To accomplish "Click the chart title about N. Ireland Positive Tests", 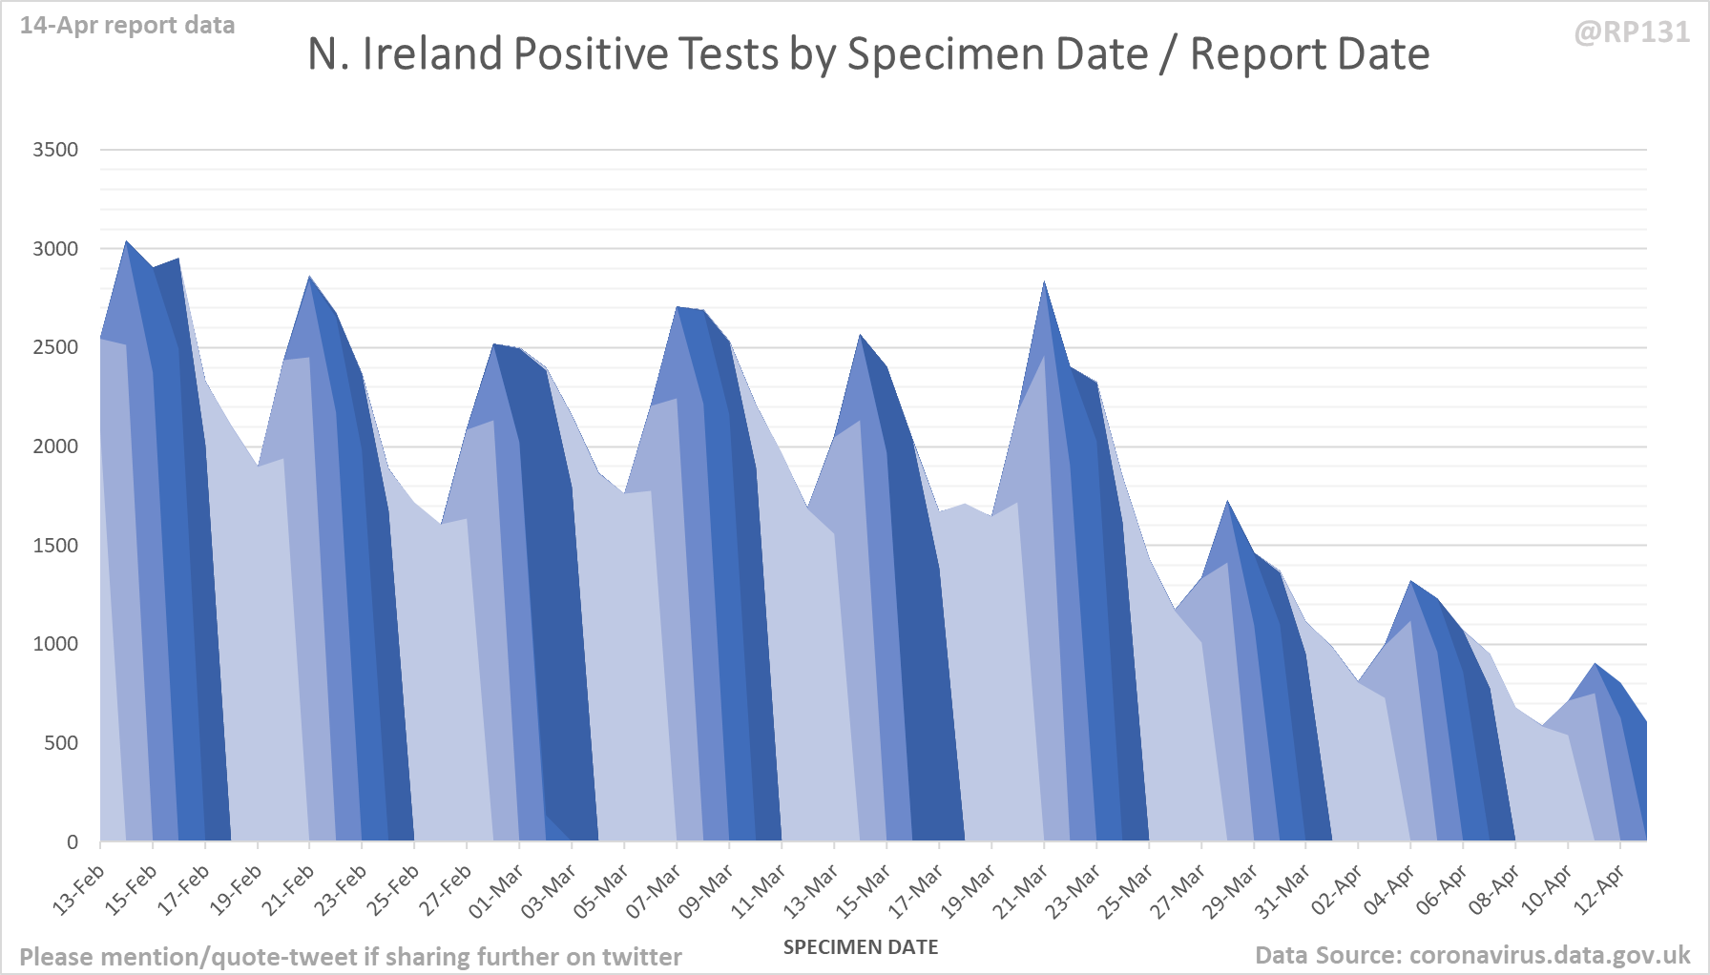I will (867, 54).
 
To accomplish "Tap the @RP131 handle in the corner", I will (1632, 32).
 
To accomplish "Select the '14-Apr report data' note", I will (127, 26).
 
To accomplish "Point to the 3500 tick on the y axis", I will (55, 150).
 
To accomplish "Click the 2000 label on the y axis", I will (55, 446).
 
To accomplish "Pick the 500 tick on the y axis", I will (61, 743).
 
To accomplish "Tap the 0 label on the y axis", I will (73, 842).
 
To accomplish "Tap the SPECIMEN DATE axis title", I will (861, 947).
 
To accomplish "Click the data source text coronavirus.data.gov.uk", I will (1472, 955).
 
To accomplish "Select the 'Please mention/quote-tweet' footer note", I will (350, 957).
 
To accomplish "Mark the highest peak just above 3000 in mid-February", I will (127, 242).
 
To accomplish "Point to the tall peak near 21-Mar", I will (1045, 283).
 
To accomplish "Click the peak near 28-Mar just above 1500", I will (1228, 503).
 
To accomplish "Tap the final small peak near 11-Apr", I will (1595, 665).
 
